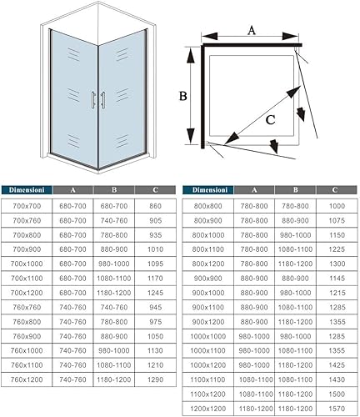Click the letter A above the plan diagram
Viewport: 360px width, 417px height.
pos(252,30)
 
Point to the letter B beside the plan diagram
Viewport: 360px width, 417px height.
pos(182,96)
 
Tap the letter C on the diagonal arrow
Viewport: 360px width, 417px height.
pos(270,120)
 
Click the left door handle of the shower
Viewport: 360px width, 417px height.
pos(93,99)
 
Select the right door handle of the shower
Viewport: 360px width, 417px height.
pos(103,99)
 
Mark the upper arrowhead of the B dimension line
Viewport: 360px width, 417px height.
pos(190,57)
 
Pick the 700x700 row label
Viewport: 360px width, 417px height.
pos(27,206)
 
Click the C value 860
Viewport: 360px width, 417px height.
pos(155,206)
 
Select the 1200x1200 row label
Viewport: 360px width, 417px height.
pos(208,409)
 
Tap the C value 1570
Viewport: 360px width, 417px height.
pos(337,409)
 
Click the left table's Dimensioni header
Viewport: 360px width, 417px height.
pos(27,190)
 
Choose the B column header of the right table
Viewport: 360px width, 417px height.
pos(295,190)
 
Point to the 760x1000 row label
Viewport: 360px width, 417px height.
pos(27,350)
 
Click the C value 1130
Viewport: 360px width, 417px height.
pos(155,350)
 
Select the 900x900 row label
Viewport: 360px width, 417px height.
pos(208,279)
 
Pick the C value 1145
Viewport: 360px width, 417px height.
pos(337,279)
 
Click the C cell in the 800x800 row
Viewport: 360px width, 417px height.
pos(337,206)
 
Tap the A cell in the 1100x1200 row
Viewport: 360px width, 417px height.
pos(256,394)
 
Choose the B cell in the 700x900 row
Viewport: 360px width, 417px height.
pos(114,249)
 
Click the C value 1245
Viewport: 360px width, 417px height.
pos(155,293)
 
